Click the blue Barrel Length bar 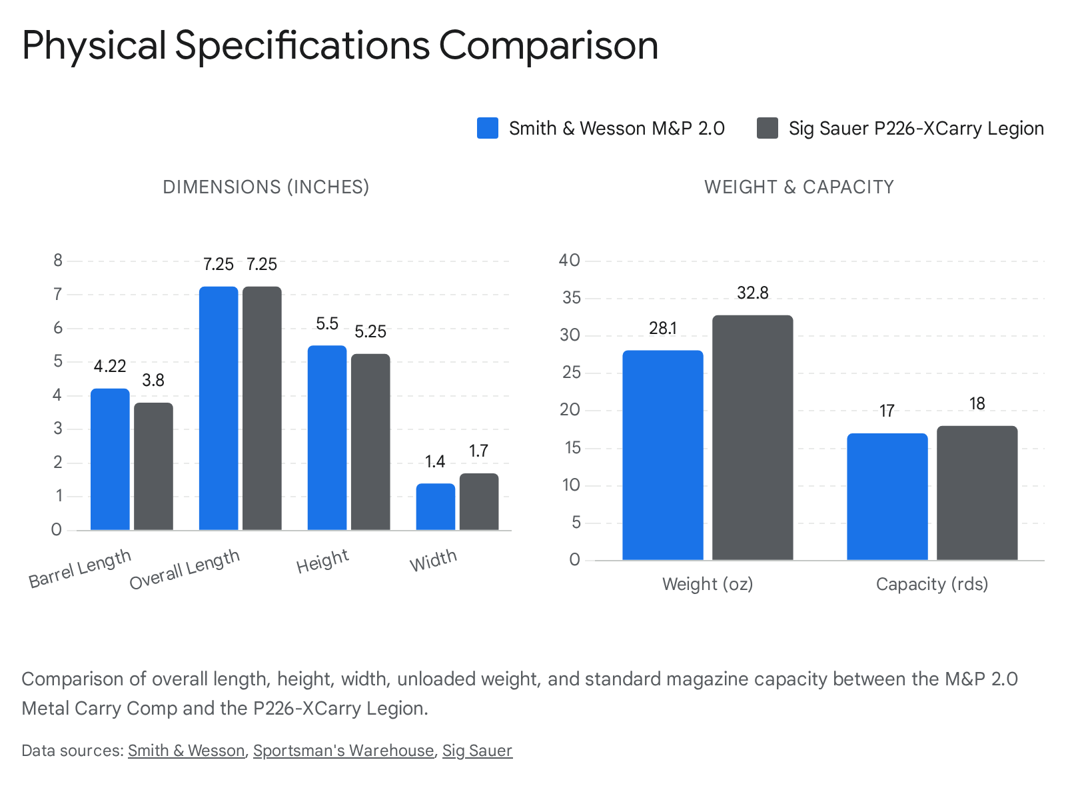[110, 460]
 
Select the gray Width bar [479, 502]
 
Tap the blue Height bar [327, 438]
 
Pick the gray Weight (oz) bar [753, 438]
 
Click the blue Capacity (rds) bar [887, 497]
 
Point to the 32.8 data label [753, 293]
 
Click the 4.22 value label [110, 367]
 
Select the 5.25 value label [370, 332]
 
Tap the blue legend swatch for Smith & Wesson [488, 128]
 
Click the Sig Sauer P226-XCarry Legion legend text [916, 128]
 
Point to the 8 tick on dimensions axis [58, 261]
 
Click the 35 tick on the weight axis [571, 298]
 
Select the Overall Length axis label [185, 570]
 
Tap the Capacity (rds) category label [931, 585]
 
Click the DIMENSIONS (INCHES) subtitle [266, 187]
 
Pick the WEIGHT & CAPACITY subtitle [799, 187]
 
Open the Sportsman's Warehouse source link [343, 751]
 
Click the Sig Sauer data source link [477, 751]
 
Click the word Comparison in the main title [548, 45]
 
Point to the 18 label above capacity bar [977, 404]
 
